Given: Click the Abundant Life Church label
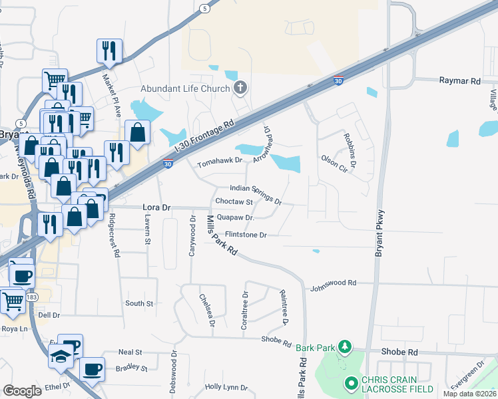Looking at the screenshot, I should click(x=184, y=89).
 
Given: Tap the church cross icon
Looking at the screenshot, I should click(x=240, y=88).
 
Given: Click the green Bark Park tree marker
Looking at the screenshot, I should click(x=345, y=346).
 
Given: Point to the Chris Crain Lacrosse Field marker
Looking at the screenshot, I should click(x=352, y=384).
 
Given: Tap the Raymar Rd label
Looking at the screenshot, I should click(x=459, y=80).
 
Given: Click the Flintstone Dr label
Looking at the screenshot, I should click(x=246, y=235).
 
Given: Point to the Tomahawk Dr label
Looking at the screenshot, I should click(x=220, y=160).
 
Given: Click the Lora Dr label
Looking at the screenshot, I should click(x=157, y=207).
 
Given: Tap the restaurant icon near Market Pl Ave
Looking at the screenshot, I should click(x=109, y=51).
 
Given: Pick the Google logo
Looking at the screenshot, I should click(x=23, y=391).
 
